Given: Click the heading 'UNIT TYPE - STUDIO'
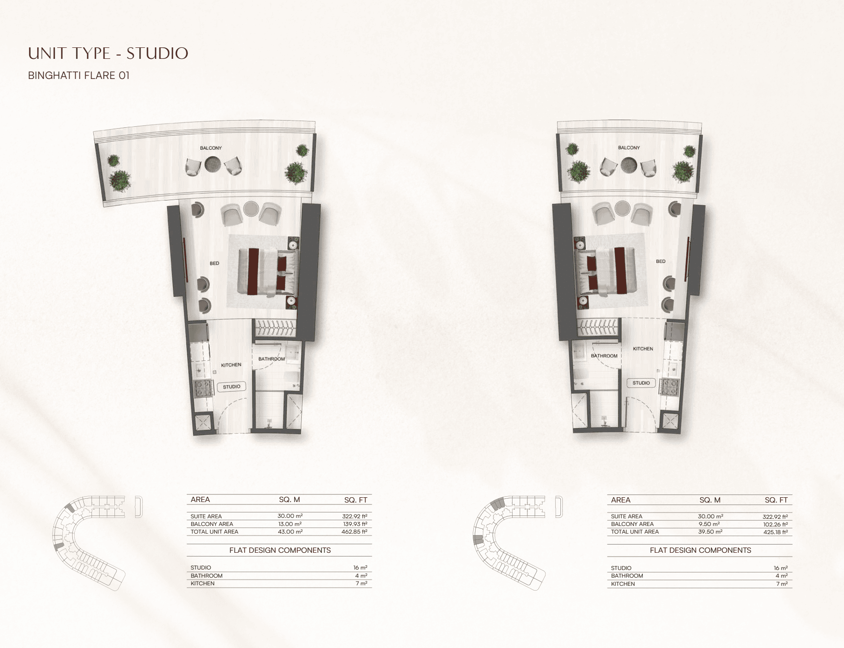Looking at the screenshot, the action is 108,53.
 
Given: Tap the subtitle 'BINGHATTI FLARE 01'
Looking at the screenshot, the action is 79,76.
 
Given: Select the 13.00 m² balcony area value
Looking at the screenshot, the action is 290,524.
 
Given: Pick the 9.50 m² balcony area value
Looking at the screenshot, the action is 709,524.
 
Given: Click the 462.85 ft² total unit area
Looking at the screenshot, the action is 354,532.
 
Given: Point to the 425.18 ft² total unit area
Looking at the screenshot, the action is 776,532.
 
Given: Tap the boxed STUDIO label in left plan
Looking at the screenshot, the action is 231,387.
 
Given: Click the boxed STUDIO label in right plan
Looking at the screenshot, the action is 641,383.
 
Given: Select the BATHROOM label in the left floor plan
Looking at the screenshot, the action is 272,359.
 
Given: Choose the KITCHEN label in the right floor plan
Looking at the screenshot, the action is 643,349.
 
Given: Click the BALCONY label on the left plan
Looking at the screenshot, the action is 211,148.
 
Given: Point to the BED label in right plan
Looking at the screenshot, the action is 661,261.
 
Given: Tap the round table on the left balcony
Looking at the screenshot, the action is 213,165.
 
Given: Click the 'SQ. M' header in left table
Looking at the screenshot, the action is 289,500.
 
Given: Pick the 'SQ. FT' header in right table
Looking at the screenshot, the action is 776,500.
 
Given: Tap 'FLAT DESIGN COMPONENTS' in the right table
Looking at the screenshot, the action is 700,550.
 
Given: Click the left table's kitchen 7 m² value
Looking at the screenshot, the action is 362,583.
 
